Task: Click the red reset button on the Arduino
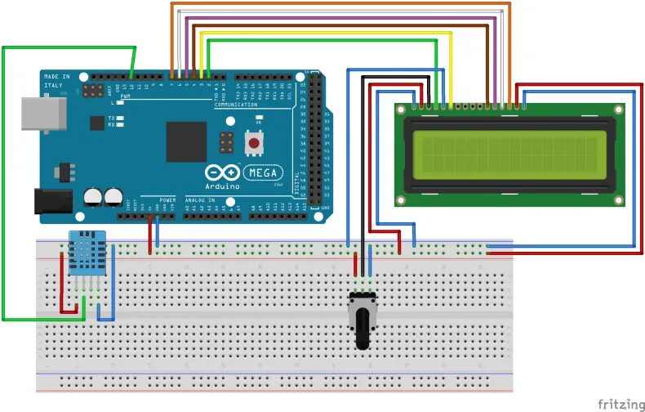[254, 144]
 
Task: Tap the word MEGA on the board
[266, 173]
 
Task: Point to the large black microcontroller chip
[186, 141]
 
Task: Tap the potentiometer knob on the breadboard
[362, 328]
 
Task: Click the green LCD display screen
[509, 156]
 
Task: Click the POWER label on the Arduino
[167, 199]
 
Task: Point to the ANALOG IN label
[200, 199]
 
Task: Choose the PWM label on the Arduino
[126, 96]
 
